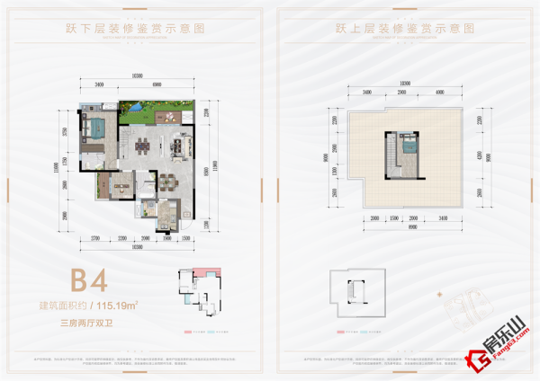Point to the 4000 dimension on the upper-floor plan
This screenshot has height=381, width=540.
pos(438,92)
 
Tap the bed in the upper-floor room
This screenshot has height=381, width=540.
pos(409,144)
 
